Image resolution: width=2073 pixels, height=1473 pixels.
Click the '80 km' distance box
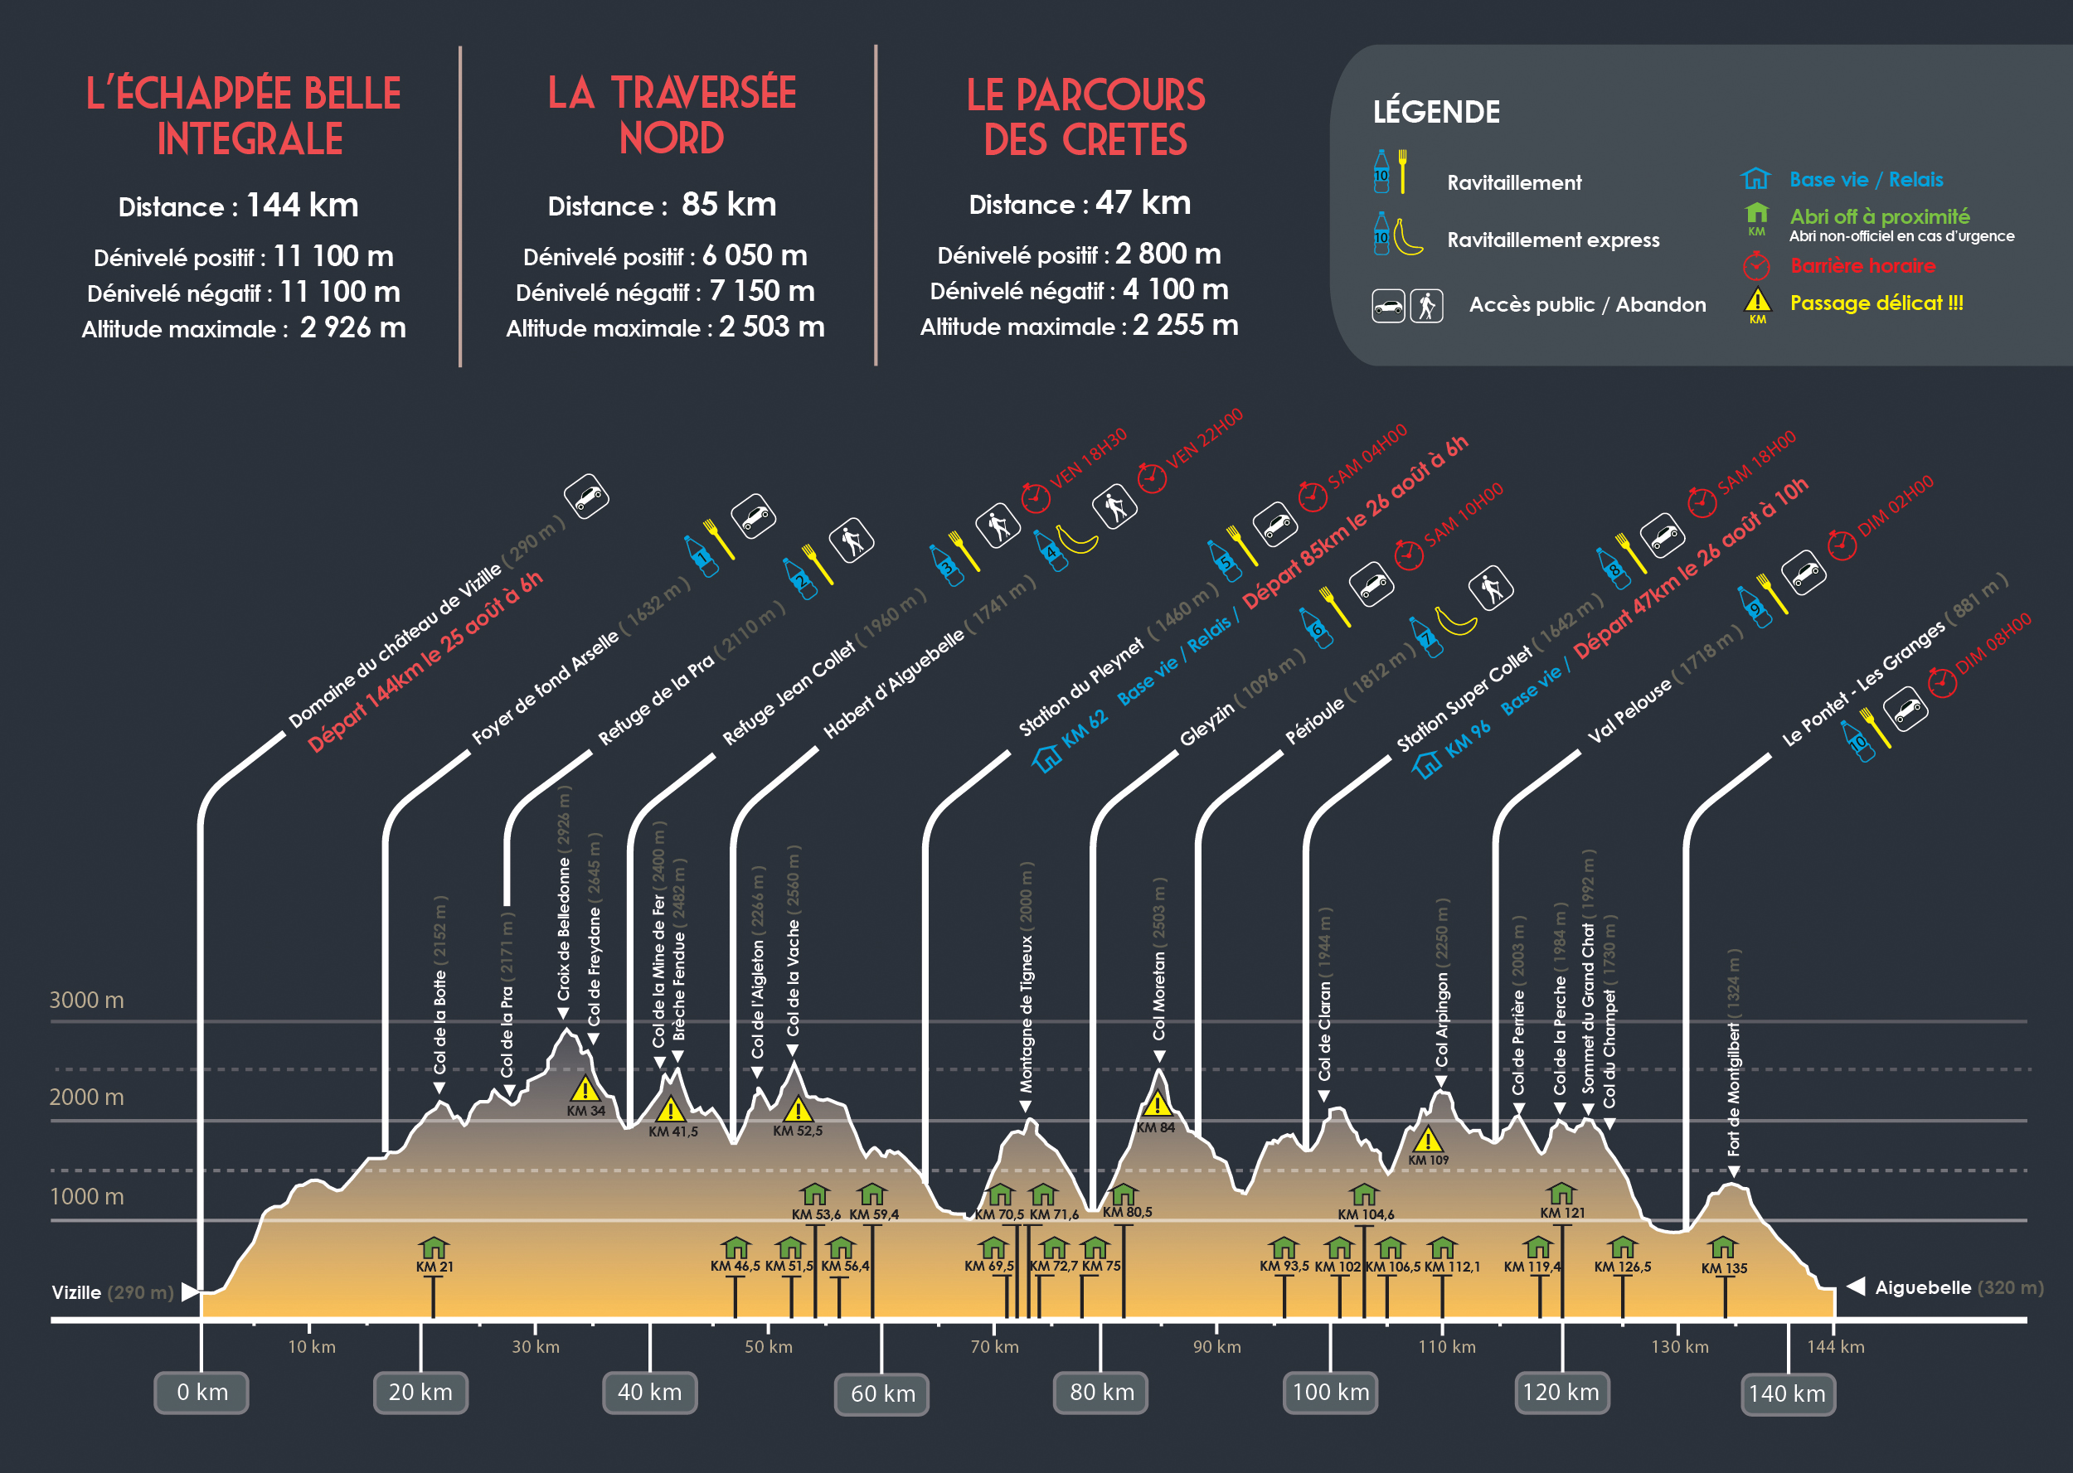(x=1100, y=1393)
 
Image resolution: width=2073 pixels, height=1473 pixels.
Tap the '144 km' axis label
(x=1834, y=1347)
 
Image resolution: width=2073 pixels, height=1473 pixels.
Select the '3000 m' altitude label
(x=86, y=1000)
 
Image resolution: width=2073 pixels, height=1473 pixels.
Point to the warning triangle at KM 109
(x=1427, y=1139)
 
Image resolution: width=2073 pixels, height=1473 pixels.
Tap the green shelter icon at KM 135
(x=1722, y=1248)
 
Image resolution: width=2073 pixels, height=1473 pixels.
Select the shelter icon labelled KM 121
(x=1561, y=1193)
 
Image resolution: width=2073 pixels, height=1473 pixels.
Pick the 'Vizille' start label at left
(x=76, y=1291)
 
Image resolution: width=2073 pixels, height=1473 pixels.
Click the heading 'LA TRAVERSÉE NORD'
(x=672, y=115)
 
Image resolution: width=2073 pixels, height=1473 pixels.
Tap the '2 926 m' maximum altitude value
(x=353, y=327)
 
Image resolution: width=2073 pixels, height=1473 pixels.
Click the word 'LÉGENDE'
(x=1436, y=112)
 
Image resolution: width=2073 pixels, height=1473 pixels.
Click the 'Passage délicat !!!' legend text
(x=1876, y=303)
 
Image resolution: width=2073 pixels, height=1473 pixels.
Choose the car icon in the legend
(x=1388, y=307)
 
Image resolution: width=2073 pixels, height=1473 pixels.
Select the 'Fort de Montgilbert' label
(x=1734, y=1088)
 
